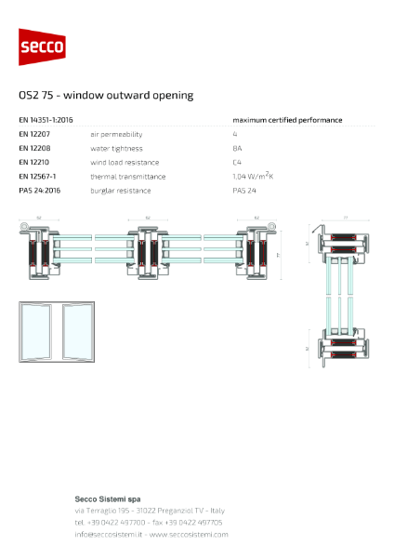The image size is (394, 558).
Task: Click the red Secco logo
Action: coord(42,46)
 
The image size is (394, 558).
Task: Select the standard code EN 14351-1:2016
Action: coord(46,120)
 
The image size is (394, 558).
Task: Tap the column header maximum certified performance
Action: coord(287,120)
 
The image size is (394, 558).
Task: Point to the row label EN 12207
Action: coord(35,134)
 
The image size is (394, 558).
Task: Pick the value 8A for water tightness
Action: coord(237,148)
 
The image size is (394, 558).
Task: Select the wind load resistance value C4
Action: coord(237,162)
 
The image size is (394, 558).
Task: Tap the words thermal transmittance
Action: coord(127,176)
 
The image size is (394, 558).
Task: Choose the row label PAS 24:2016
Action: coord(40,190)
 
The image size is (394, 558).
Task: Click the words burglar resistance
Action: coord(122,190)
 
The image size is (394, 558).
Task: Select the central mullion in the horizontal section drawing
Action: coord(148,251)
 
